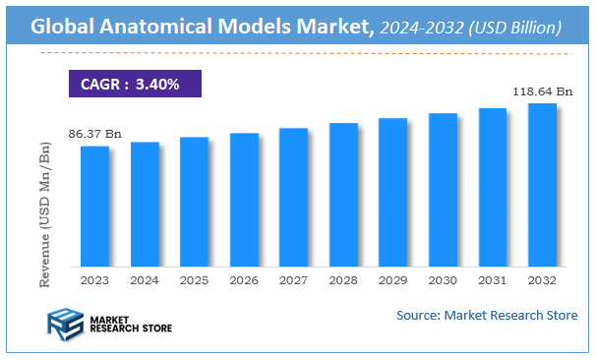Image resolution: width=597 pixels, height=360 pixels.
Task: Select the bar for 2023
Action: [x=94, y=206]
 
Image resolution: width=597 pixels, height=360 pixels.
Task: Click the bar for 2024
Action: [x=145, y=204]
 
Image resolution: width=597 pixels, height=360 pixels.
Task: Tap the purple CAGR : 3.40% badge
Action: [x=134, y=84]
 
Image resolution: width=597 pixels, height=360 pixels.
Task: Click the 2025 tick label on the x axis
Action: [x=194, y=281]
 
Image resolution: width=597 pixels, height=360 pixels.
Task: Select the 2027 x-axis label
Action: [x=293, y=281]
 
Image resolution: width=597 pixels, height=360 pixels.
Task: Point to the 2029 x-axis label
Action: [x=392, y=281]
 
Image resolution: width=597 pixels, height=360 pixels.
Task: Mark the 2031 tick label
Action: [x=492, y=281]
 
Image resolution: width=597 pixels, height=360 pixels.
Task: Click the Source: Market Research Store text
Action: [x=487, y=315]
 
